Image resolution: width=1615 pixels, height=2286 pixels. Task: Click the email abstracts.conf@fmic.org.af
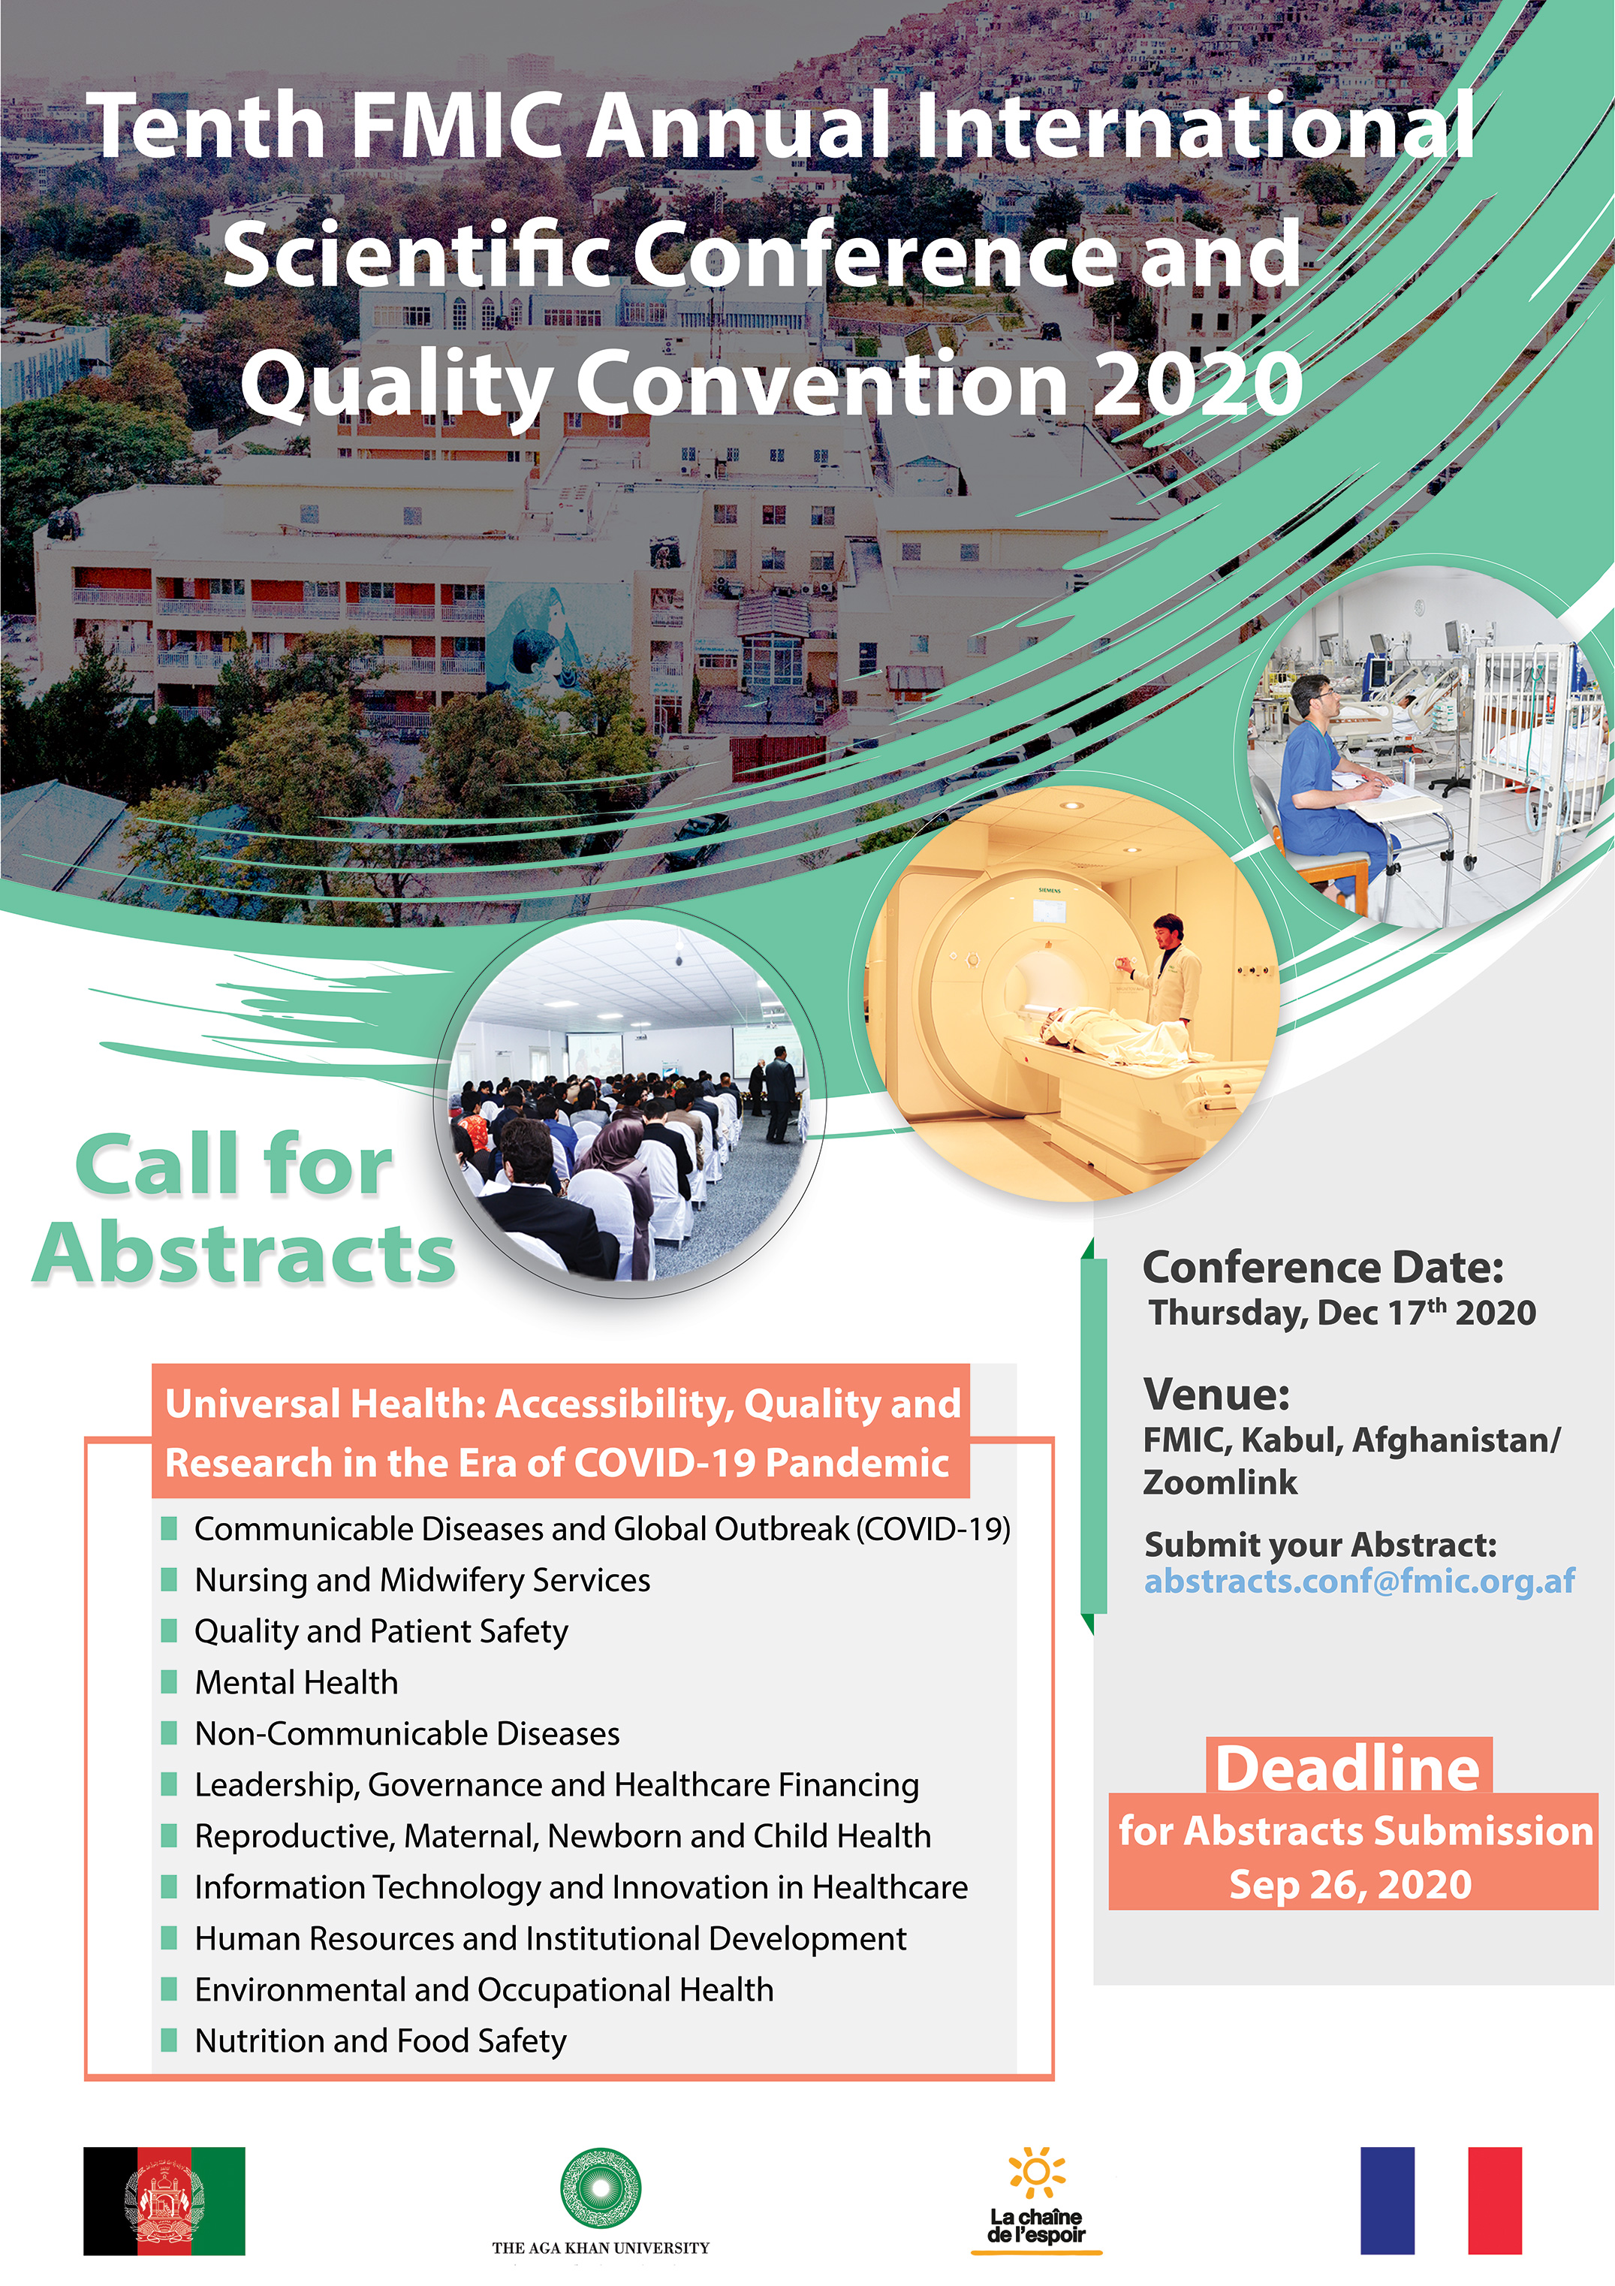tap(1359, 1581)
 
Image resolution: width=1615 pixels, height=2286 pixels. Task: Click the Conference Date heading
tap(1322, 1268)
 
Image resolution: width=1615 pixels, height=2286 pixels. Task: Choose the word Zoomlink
tap(1220, 1482)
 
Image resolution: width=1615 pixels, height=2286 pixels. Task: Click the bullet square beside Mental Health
tap(169, 1683)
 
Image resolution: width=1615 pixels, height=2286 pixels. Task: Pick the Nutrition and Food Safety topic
tap(381, 2041)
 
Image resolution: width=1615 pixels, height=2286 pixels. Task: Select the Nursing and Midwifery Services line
tap(422, 1580)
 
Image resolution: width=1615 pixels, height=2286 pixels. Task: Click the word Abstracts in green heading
tap(245, 1253)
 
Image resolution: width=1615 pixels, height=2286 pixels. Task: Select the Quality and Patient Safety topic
tap(381, 1631)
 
